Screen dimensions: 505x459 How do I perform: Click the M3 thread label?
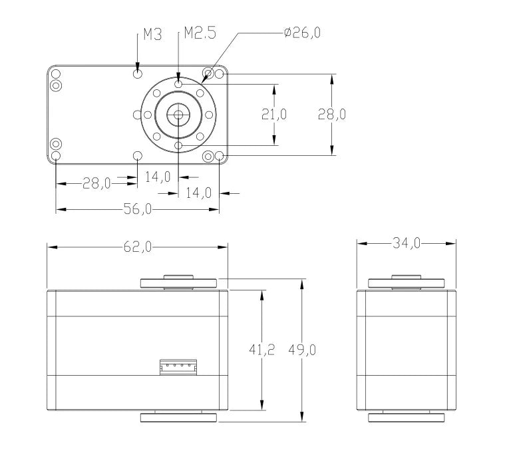152,34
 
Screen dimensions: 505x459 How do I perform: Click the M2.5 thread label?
200,33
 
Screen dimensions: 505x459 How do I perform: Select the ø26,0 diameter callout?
302,33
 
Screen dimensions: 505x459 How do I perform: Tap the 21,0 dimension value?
273,114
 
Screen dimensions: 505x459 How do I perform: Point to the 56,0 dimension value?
138,209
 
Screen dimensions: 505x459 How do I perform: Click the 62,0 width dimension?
138,247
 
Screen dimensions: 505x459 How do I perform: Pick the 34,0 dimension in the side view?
407,243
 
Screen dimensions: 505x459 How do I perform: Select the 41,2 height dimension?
262,350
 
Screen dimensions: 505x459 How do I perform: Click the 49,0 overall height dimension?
302,350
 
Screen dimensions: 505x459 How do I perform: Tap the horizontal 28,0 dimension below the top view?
96,183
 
